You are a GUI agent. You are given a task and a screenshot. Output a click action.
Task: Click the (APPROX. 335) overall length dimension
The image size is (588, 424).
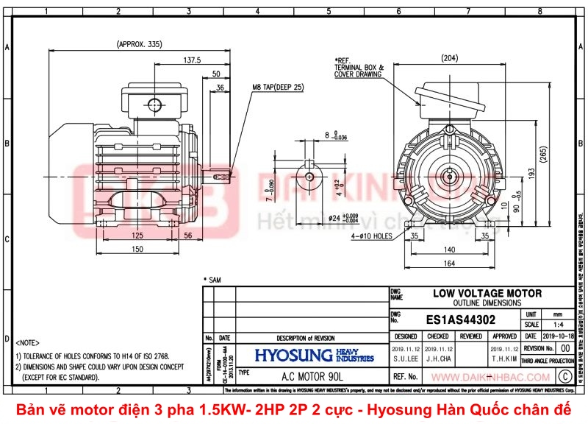coord(139,45)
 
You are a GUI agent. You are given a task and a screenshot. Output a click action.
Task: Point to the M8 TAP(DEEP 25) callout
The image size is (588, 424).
coord(279,87)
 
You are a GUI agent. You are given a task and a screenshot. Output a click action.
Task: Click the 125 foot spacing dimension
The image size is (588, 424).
coord(137,236)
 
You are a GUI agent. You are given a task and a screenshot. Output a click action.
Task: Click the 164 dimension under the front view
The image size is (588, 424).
coord(449,264)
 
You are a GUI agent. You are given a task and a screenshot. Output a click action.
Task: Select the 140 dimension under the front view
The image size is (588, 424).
coord(449,250)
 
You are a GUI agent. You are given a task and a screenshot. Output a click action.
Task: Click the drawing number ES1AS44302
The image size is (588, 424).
coord(461,320)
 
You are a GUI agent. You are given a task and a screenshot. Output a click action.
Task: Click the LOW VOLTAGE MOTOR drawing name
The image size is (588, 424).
coord(487,293)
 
